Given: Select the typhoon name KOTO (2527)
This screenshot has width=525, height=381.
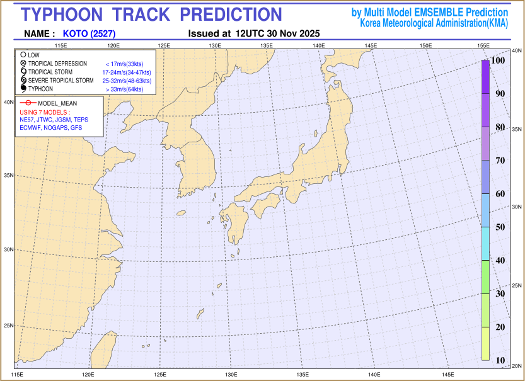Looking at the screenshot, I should pos(89,33).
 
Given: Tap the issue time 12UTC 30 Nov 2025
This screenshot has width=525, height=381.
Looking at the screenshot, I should pos(277,33).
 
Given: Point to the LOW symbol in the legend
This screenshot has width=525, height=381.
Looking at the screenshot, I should pos(23,55).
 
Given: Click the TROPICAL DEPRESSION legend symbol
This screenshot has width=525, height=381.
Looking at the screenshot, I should pos(23,64).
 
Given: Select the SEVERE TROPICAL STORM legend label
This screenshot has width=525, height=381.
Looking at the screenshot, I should pos(61,81).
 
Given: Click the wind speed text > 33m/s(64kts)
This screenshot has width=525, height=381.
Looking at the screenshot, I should pos(125,89).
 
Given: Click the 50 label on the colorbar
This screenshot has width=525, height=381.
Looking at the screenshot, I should pos(500,227).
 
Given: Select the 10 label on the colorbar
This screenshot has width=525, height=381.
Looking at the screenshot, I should pos(500,360).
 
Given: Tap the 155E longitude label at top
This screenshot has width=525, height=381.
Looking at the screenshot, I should pos(483,45).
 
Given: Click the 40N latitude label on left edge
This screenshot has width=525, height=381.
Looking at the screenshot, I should pos(9,101).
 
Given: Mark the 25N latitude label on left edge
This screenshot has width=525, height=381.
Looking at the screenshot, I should pos(9,326).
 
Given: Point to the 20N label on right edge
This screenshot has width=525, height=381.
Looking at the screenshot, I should pos(516,366).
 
